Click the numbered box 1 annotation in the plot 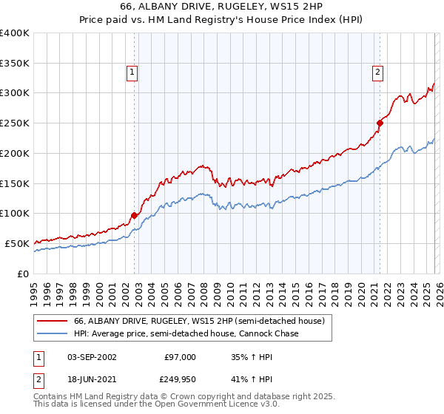[x=131, y=72]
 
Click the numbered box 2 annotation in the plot [x=377, y=72]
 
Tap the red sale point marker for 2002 [x=134, y=215]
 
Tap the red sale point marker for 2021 [x=380, y=123]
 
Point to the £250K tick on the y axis [x=15, y=123]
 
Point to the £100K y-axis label [x=15, y=214]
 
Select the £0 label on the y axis [x=24, y=274]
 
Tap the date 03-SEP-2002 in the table [x=92, y=356]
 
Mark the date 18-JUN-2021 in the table [x=92, y=379]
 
